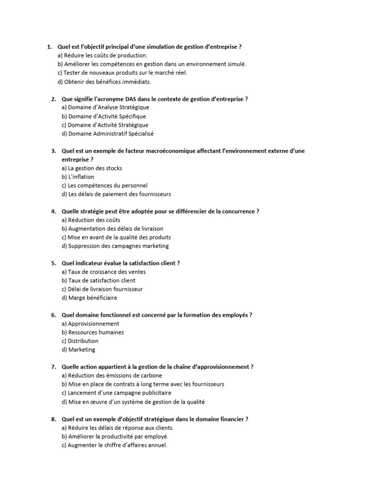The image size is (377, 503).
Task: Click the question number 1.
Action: pyautogui.click(x=49, y=47)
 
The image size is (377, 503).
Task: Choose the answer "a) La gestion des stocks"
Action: pyautogui.click(x=92, y=168)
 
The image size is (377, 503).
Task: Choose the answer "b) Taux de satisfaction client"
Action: pyautogui.click(x=99, y=280)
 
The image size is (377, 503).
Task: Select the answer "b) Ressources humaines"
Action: pyautogui.click(x=93, y=332)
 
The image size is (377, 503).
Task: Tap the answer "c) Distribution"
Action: pyautogui.click(x=80, y=341)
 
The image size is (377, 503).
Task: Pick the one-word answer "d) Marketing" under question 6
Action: pyautogui.click(x=79, y=350)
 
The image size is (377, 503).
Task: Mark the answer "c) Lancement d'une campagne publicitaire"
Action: pyautogui.click(x=116, y=393)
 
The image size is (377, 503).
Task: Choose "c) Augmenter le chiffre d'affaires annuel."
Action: pyautogui.click(x=114, y=445)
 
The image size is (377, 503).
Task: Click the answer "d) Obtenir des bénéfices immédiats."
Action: pyautogui.click(x=104, y=82)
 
